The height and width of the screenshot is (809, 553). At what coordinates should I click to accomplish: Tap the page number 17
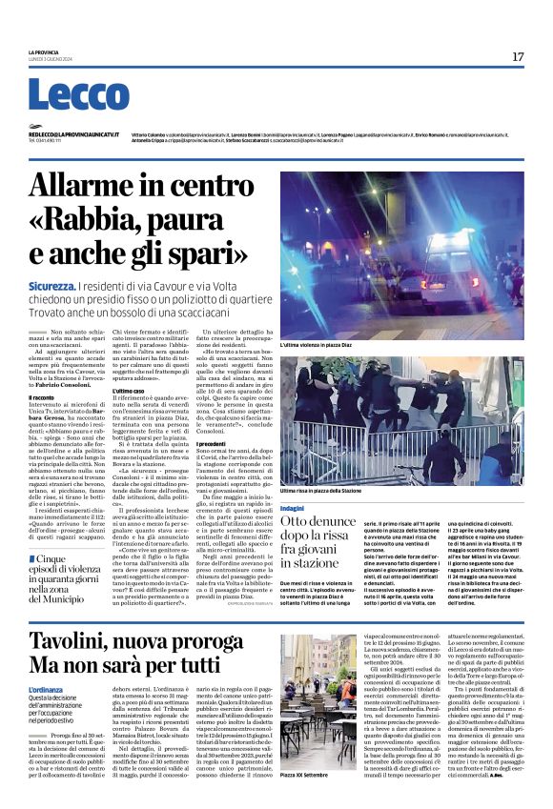(518, 57)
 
